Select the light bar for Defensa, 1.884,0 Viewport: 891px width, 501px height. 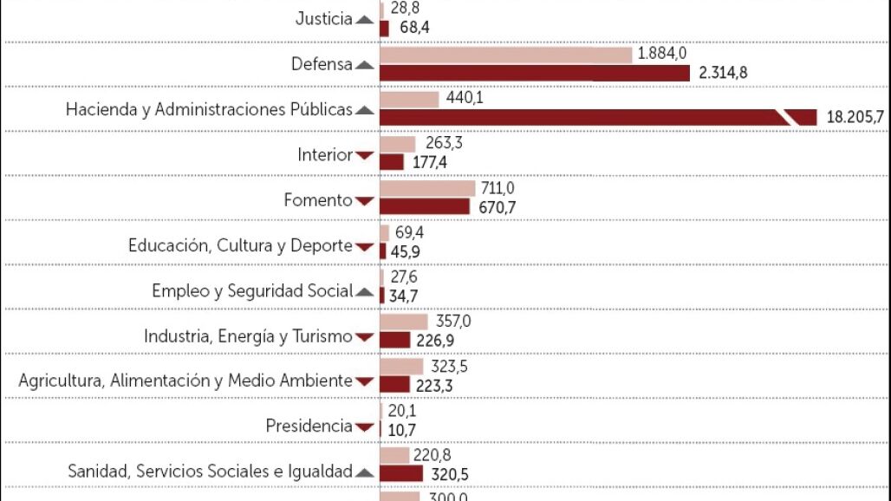tap(505, 55)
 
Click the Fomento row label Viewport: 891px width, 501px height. tap(318, 200)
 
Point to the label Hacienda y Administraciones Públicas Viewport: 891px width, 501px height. tap(209, 110)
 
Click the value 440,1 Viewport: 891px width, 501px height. tap(465, 98)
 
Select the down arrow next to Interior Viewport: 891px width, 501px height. tap(364, 155)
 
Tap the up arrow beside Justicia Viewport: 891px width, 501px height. tap(364, 20)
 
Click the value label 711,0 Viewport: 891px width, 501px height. tap(498, 188)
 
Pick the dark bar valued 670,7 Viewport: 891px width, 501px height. tap(425, 206)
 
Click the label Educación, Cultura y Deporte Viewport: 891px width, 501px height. tap(240, 245)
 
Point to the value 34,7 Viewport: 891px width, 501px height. tap(406, 296)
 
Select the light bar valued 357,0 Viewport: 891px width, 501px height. tap(404, 322)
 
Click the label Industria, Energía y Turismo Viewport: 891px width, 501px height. tap(248, 336)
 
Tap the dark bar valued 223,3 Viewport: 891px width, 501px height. tap(394, 384)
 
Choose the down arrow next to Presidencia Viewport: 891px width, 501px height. tap(364, 426)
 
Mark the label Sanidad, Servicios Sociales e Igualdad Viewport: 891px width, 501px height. tap(210, 472)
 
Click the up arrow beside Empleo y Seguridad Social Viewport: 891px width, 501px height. tap(364, 291)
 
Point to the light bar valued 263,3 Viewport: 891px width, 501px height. tap(398, 144)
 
